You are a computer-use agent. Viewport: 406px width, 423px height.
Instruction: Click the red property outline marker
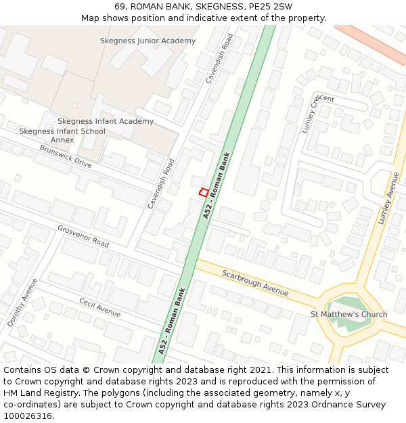point(203,193)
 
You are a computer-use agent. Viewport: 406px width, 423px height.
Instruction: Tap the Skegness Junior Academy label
point(148,41)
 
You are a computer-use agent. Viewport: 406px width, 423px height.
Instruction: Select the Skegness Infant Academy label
point(106,121)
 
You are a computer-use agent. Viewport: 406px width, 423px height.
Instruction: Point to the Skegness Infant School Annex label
point(62,135)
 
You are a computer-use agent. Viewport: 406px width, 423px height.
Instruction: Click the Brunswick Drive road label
point(65,156)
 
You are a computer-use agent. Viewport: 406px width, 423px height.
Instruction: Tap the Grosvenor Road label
point(83,236)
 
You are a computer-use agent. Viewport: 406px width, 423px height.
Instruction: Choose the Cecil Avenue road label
point(99,308)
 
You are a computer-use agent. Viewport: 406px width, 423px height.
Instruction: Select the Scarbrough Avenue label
point(255,283)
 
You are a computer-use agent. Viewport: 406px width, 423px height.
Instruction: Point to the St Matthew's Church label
point(348,314)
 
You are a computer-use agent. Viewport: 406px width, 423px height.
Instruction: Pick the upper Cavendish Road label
point(220,58)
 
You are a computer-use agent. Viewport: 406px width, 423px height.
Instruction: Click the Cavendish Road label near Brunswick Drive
point(161,183)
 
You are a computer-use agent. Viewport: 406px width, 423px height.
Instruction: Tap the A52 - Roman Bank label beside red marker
point(217,185)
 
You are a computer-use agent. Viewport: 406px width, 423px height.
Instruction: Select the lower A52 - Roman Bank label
point(172,322)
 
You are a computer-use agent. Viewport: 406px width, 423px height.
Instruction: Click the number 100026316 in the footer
point(28,416)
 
